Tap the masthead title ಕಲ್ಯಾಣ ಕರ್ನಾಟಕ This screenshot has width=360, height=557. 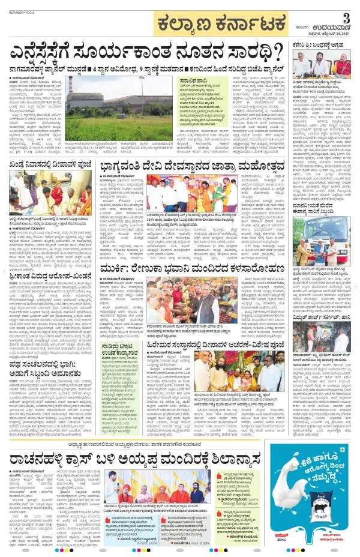[x=211, y=25]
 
